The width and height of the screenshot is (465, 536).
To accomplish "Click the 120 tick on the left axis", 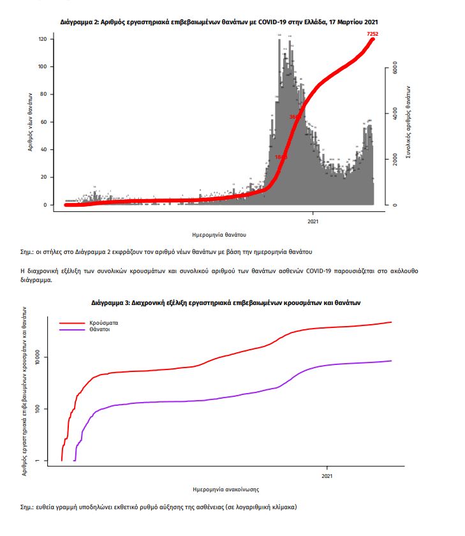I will [42, 39].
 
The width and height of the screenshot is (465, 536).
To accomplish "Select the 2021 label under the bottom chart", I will [327, 475].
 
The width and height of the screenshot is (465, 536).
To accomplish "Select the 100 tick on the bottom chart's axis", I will [40, 408].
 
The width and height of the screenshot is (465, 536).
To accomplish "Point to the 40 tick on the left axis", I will [42, 149].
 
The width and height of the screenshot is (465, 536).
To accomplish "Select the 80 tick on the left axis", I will [42, 94].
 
